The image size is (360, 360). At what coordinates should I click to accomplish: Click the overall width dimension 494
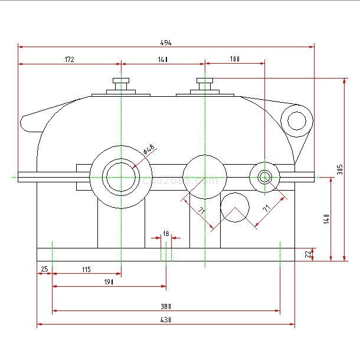coord(166,42)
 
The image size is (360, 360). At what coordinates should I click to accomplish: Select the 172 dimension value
coord(69,59)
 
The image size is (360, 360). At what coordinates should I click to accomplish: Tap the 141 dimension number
coord(163,59)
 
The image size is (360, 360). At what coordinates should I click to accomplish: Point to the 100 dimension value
coord(235,59)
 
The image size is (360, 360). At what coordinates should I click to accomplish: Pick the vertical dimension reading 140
coord(326,218)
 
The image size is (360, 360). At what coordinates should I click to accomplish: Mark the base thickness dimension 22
coord(307,254)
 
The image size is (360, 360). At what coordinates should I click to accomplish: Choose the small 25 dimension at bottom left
coord(44,270)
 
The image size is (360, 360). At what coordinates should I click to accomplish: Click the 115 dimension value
coord(86,270)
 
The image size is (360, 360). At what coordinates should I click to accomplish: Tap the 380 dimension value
coord(166,306)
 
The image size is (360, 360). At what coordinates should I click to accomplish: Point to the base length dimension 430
coord(166,320)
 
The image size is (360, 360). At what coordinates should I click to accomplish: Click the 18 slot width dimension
coord(166,234)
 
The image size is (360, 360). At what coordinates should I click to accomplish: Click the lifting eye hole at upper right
coord(297,120)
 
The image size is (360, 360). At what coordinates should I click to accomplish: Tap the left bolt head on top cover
coord(120,81)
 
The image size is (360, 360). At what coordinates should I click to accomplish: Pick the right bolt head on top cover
coord(204,81)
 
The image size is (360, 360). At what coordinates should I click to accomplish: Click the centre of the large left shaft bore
coord(120,176)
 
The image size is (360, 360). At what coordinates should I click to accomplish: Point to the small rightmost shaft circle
coord(264,176)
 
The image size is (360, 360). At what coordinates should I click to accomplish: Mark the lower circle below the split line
coord(235,207)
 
